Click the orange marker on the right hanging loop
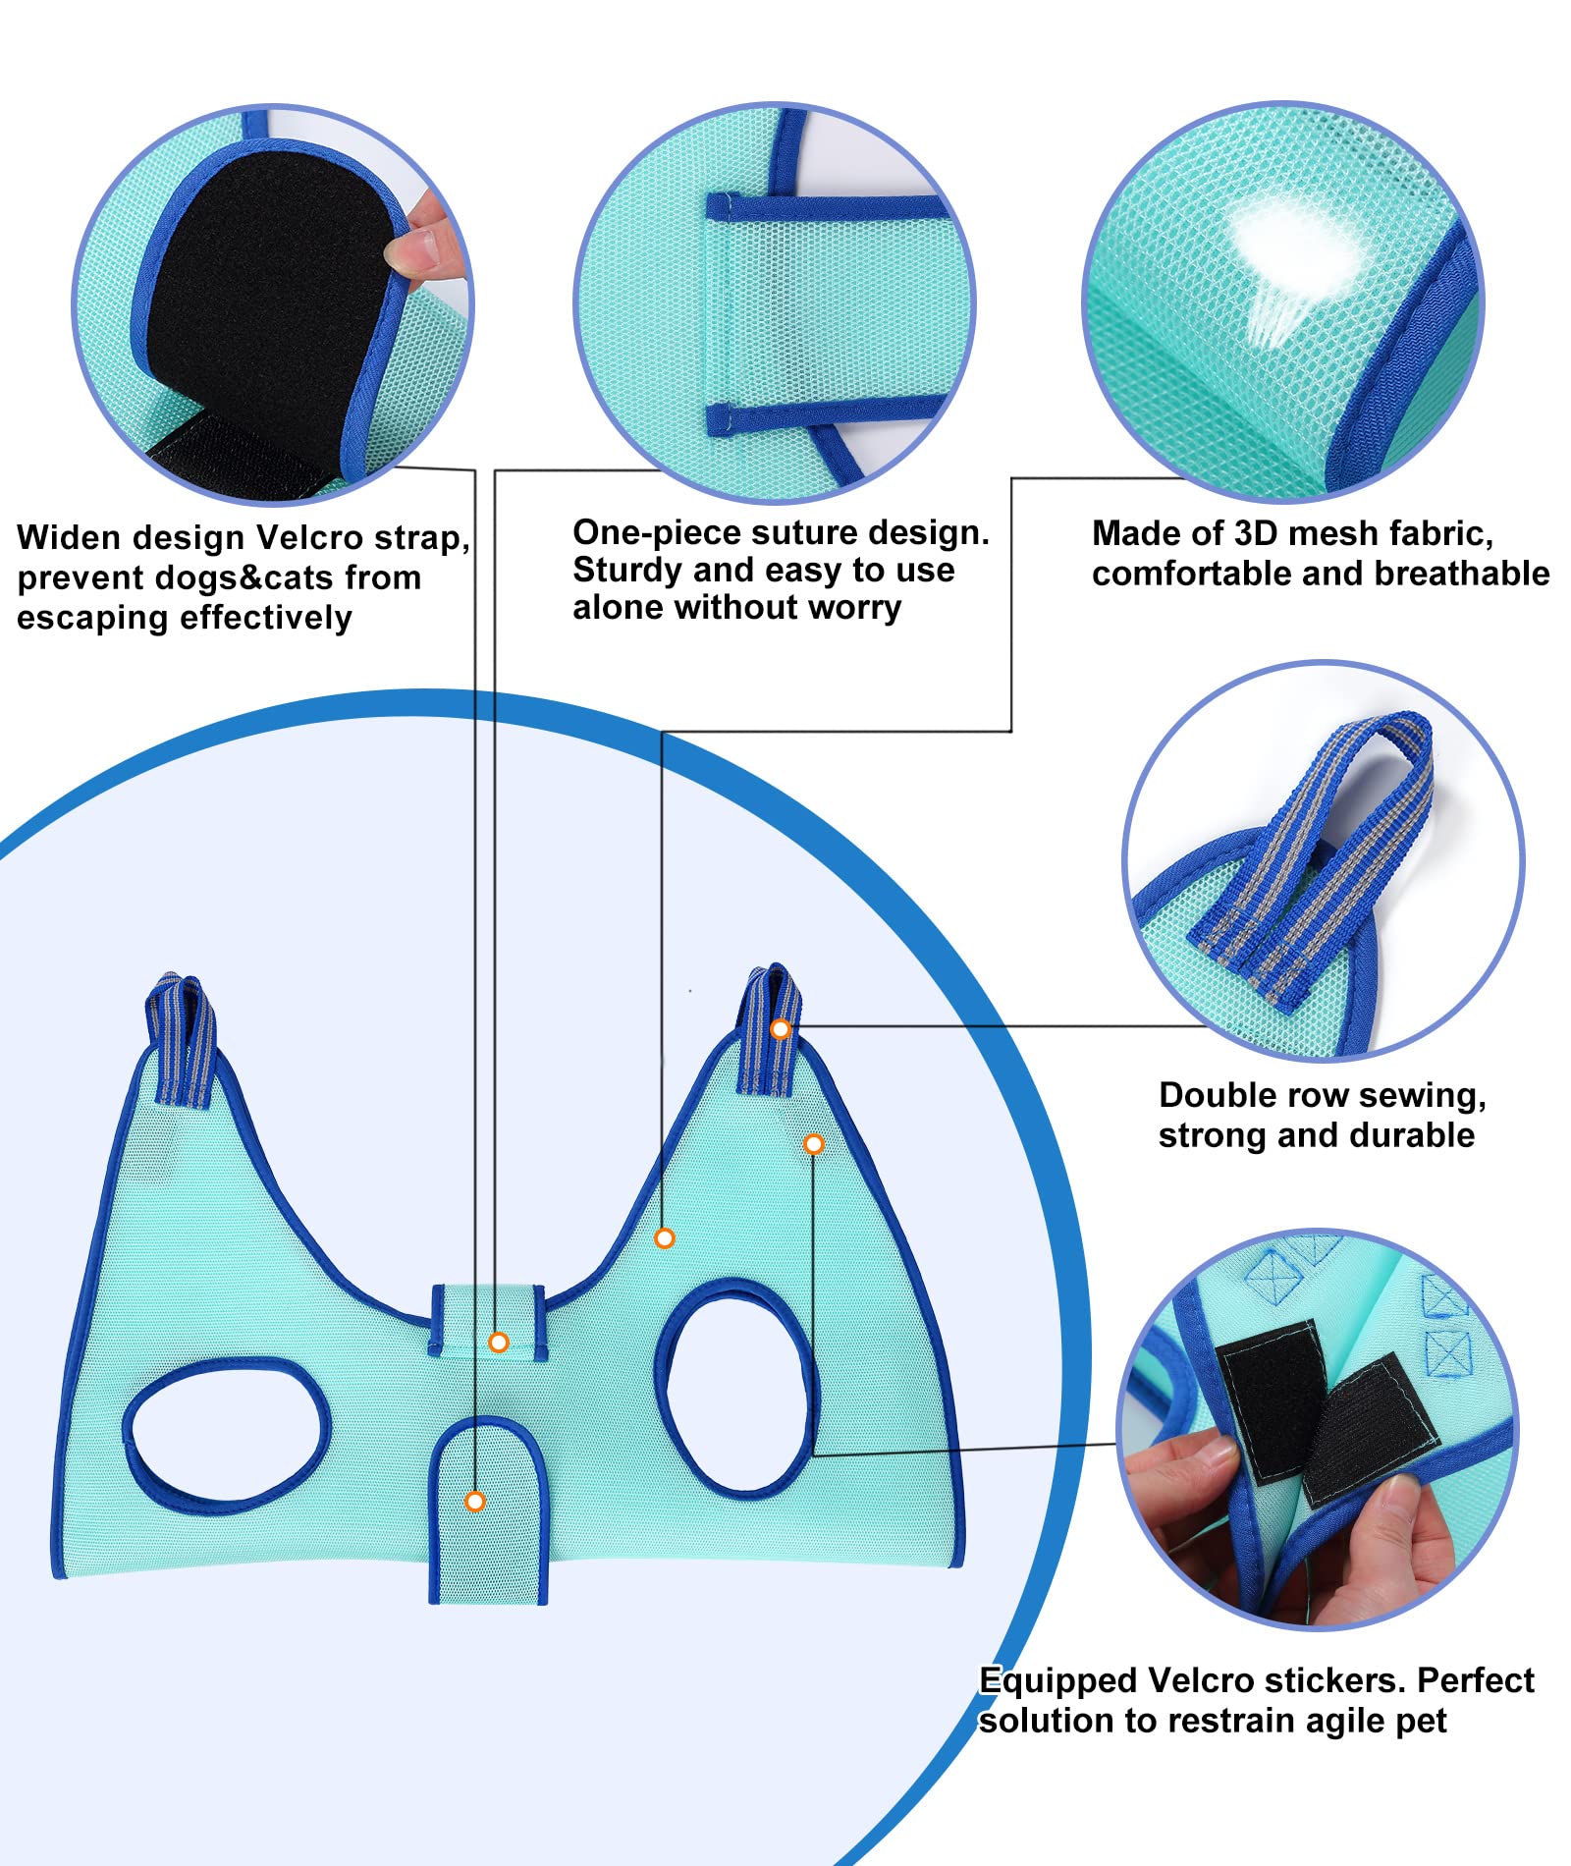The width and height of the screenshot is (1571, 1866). [x=780, y=1029]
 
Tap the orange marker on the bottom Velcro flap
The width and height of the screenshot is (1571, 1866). [x=475, y=1501]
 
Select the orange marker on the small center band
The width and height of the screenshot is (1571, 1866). [x=499, y=1342]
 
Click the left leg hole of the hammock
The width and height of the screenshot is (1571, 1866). [x=226, y=1430]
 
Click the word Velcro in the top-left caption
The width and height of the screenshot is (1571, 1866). [x=309, y=538]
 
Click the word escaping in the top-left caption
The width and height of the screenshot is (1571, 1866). [x=85, y=618]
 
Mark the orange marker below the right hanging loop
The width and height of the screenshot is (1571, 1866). [x=813, y=1144]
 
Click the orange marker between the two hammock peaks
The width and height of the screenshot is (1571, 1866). [x=665, y=1238]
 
